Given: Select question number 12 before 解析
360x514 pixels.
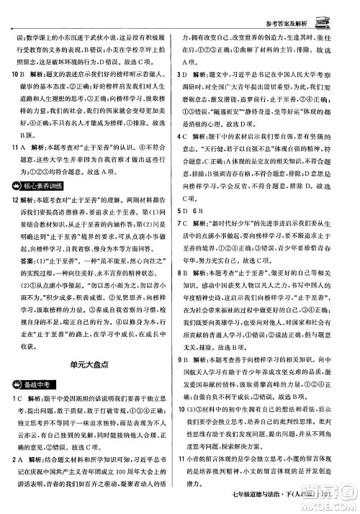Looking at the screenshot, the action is [14, 202].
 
